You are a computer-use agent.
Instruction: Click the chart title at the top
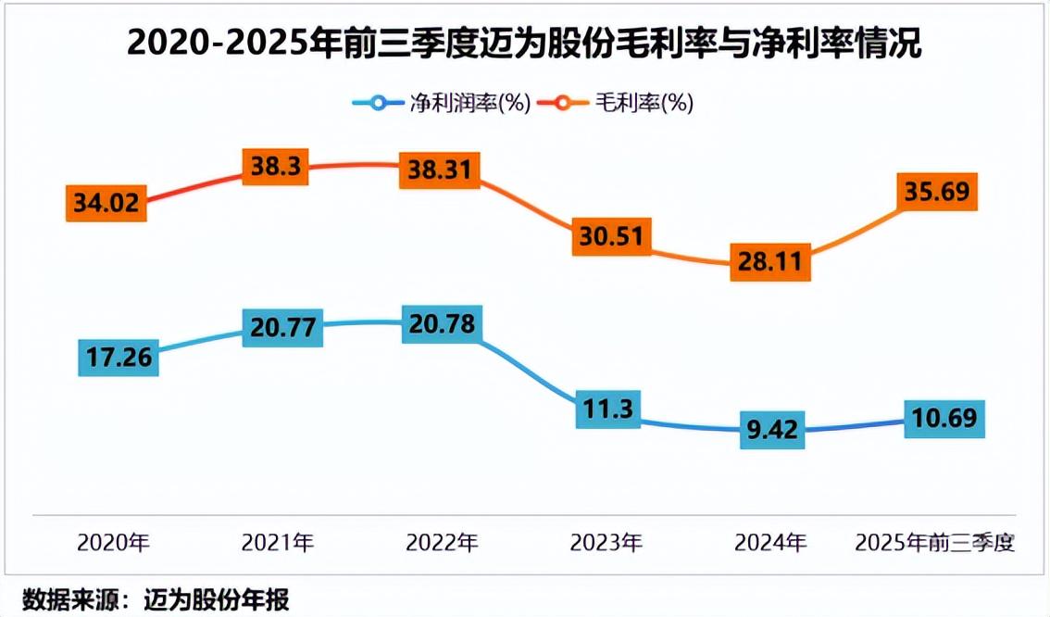524,43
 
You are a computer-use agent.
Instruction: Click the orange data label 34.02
107,203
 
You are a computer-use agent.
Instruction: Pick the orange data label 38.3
273,166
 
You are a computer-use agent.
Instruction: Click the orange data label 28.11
769,261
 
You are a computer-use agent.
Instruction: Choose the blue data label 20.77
282,327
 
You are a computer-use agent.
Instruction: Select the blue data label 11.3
608,409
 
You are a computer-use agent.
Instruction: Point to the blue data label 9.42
772,430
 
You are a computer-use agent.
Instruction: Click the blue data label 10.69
944,419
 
